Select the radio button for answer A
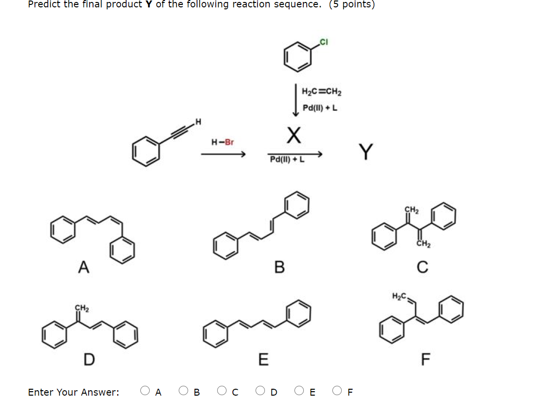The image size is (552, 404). pos(145,391)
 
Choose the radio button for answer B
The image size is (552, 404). pos(183,391)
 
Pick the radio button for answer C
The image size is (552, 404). pos(222,391)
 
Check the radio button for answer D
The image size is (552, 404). pos(260,391)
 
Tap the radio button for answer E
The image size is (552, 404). pos(299,391)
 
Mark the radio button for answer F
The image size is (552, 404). pos(337,391)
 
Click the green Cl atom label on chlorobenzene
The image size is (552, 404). pos(323,42)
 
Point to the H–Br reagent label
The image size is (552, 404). pos(223,143)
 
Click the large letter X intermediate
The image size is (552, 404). pos(293,135)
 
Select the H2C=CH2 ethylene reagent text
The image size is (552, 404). pos(322,92)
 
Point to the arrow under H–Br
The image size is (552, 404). pos(223,155)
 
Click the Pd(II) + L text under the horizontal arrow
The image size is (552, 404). pos(287,160)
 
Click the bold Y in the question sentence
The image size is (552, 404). pos(147,4)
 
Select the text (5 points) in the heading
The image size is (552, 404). pos(352,4)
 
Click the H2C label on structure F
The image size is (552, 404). pos(398,296)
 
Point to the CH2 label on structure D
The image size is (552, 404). pos(82,308)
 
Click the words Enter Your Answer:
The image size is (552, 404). pos(73,392)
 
